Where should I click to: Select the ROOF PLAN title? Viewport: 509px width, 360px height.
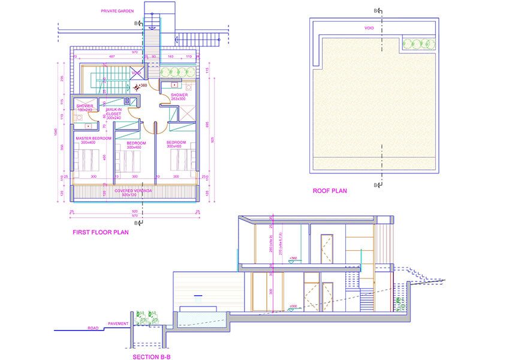(330, 191)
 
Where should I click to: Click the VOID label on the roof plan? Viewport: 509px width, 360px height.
(369, 28)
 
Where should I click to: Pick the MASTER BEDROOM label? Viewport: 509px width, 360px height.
(94, 139)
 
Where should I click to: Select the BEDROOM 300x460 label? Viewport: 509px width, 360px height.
(176, 144)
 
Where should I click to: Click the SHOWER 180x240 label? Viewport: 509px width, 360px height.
(84, 108)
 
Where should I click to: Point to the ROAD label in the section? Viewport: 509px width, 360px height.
(93, 328)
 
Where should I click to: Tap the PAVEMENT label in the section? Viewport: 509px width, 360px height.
(117, 323)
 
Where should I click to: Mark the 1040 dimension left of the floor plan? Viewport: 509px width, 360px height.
(55, 132)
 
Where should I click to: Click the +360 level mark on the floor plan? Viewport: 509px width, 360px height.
(141, 86)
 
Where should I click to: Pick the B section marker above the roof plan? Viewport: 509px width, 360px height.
(377, 11)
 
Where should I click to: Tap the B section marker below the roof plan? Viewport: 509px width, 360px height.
(377, 185)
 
